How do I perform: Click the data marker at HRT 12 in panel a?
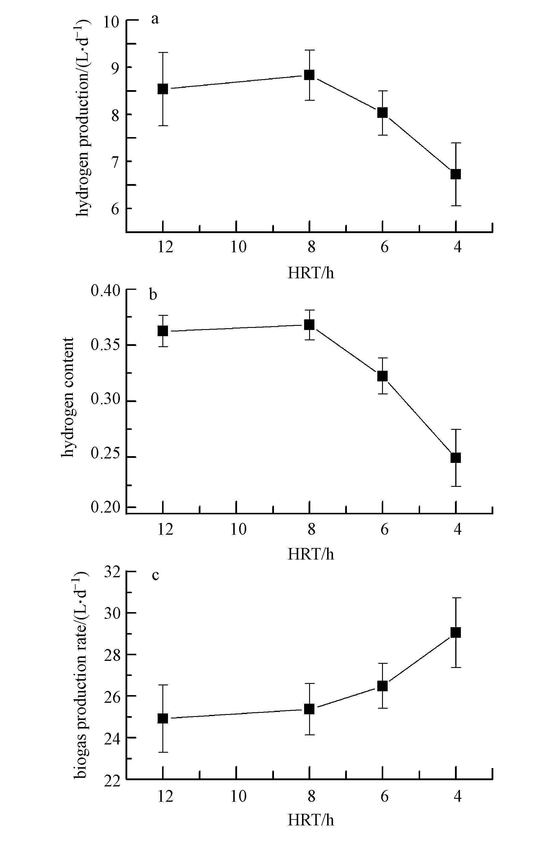click(x=163, y=89)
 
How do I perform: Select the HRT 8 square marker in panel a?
click(x=309, y=75)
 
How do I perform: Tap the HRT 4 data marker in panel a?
click(x=456, y=174)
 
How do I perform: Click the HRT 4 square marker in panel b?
click(x=456, y=458)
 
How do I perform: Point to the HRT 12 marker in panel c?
click(x=163, y=718)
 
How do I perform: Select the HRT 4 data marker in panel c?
click(x=456, y=632)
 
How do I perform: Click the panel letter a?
click(x=154, y=19)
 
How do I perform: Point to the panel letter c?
click(x=155, y=575)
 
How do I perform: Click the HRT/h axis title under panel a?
click(x=311, y=273)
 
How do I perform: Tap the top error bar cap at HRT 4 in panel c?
click(x=456, y=598)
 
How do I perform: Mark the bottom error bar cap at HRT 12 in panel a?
click(x=163, y=126)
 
